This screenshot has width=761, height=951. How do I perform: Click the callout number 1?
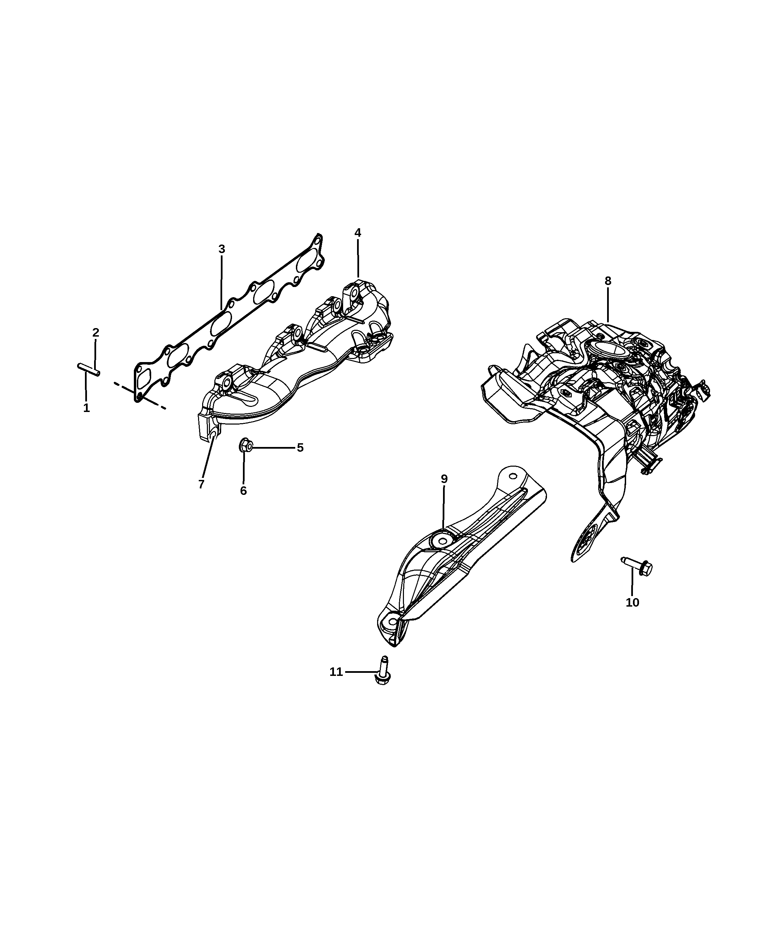pyautogui.click(x=87, y=408)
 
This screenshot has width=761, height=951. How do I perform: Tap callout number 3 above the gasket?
pyautogui.click(x=222, y=249)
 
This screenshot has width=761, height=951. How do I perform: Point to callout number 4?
pyautogui.click(x=358, y=233)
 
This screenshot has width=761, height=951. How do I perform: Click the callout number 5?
pyautogui.click(x=300, y=448)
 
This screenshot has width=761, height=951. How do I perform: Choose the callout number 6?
pyautogui.click(x=244, y=490)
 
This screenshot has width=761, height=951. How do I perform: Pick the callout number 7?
pyautogui.click(x=201, y=484)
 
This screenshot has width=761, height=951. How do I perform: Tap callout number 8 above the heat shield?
pyautogui.click(x=608, y=281)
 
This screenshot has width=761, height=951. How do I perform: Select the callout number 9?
pyautogui.click(x=444, y=479)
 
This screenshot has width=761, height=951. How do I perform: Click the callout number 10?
pyautogui.click(x=632, y=603)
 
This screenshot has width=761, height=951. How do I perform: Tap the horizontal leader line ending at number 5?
pyautogui.click(x=273, y=448)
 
